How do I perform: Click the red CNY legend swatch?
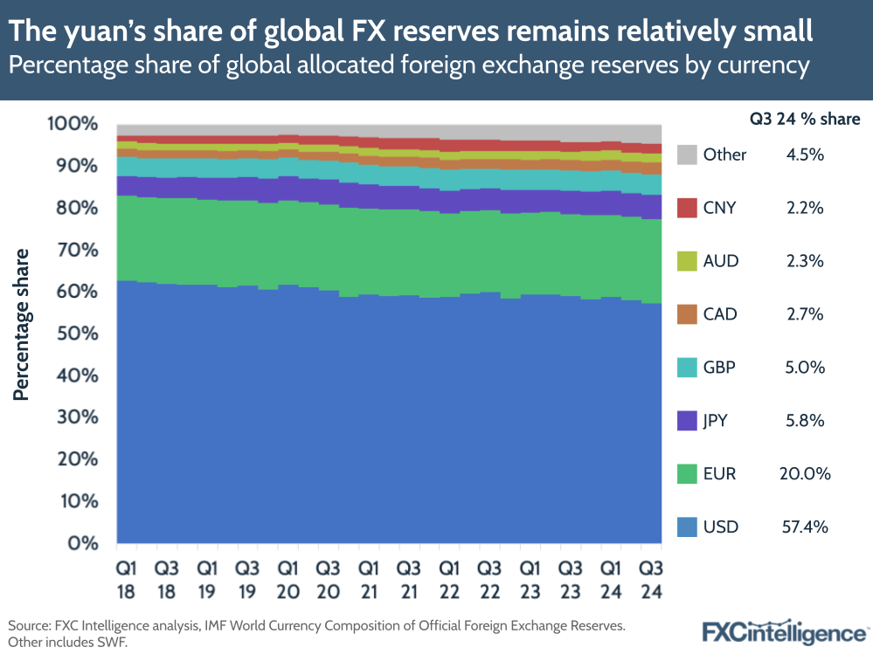point(688,208)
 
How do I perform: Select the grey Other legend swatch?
point(688,155)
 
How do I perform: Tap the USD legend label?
point(721,527)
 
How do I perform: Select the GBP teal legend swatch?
point(688,367)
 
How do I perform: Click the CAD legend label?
point(720,313)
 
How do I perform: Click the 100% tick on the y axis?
point(71,124)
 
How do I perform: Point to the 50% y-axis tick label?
point(74,334)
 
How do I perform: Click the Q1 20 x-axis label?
point(288,579)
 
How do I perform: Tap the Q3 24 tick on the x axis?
point(650,579)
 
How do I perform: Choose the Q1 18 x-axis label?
point(127,579)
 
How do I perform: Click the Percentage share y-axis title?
point(22,324)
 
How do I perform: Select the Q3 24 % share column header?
point(804,120)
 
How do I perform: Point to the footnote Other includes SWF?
point(65,643)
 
